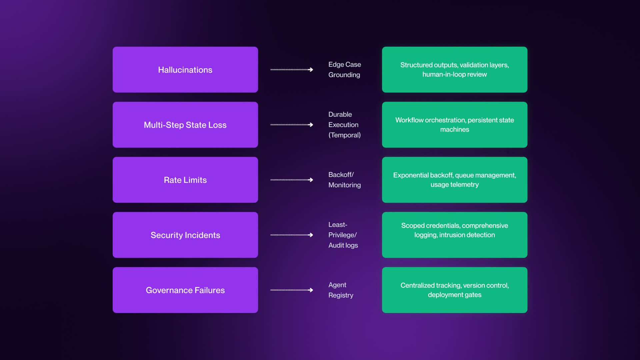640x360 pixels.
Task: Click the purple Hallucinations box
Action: pos(185,70)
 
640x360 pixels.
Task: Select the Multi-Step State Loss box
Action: pos(185,125)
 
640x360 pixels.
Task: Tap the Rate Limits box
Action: pos(185,180)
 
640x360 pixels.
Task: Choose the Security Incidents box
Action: pos(185,235)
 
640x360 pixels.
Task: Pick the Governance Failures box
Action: pos(185,290)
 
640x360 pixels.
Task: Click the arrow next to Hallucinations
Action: pos(291,70)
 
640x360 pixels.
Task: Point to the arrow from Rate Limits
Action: pos(291,180)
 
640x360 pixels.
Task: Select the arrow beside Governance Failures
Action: pos(291,290)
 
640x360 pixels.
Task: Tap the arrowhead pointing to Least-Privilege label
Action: pos(311,235)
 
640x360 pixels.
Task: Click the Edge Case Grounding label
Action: pos(344,69)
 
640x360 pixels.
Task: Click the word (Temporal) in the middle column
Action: pos(344,135)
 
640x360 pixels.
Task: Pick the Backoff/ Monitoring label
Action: pos(344,180)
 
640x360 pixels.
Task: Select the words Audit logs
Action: pos(343,245)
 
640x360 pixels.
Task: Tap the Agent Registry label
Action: pos(340,290)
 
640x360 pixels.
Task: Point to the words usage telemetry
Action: pos(454,185)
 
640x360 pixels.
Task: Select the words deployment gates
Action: pos(454,295)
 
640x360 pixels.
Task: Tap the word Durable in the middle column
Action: pos(340,114)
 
